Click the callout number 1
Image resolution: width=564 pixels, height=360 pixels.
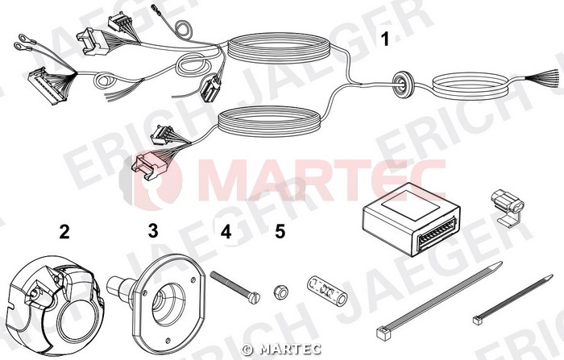pos(386,39)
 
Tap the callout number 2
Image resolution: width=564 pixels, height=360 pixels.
pos(64,232)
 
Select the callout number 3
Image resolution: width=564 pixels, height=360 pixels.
pos(153,230)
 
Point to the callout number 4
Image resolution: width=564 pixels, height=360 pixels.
pos(226,232)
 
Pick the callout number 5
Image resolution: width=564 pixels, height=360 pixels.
pos(280,232)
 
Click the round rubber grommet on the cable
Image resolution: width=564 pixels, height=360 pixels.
pos(403,84)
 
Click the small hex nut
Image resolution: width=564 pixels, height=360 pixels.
pos(280,292)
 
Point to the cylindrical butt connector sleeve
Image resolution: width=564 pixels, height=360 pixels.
pos(326,291)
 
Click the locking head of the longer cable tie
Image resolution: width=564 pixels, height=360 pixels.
pos(384,332)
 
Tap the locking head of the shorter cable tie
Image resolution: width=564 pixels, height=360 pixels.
pos(479,320)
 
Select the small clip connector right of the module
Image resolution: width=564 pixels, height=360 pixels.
pos(508,209)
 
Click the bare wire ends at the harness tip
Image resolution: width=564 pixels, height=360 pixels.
pos(545,77)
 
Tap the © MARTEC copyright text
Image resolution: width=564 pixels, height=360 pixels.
pos(282,349)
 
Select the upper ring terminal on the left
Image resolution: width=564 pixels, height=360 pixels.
pos(24,37)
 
